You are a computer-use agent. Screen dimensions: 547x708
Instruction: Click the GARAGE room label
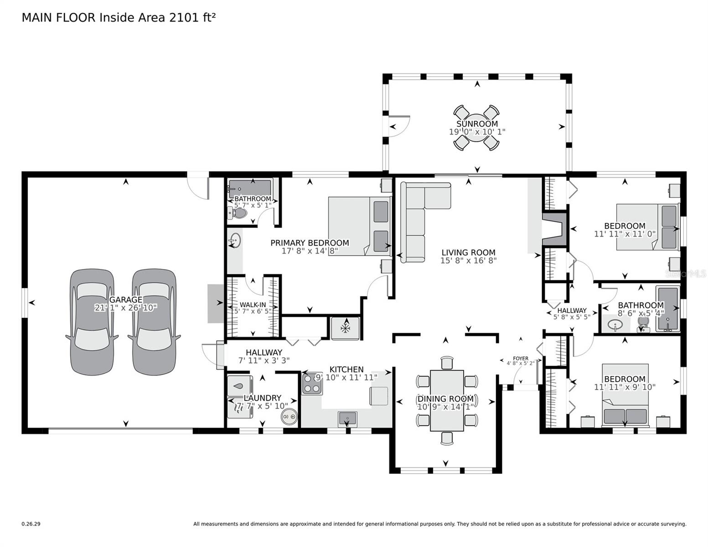pos(125,299)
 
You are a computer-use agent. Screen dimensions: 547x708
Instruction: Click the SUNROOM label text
pos(477,124)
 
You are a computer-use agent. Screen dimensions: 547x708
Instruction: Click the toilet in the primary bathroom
pos(238,213)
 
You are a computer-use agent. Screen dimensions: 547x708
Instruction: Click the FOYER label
pos(520,358)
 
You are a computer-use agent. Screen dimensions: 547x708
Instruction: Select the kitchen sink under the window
pos(347,417)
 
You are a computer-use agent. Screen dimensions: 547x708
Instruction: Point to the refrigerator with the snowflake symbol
pos(345,328)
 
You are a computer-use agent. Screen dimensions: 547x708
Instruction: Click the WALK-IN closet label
pos(253,304)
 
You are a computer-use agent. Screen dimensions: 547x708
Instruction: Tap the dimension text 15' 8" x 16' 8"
pos(468,261)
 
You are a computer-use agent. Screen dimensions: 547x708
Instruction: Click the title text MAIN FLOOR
pos(58,18)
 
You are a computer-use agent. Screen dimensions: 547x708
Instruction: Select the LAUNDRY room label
pos(262,398)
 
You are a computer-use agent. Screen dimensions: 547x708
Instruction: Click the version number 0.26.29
pos(31,524)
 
